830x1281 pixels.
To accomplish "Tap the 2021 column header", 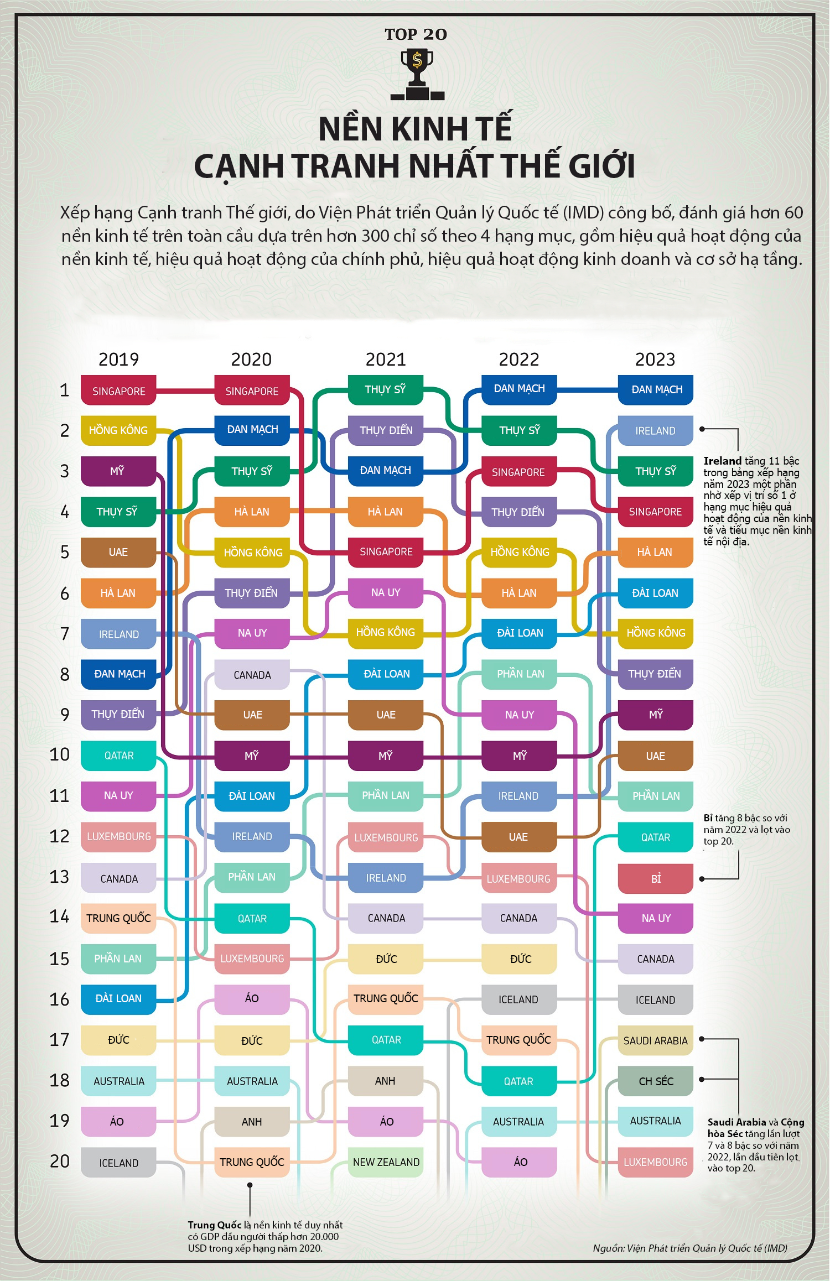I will coord(386,360).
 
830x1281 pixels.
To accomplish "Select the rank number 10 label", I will coord(60,754).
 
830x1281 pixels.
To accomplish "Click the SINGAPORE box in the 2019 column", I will coord(118,390).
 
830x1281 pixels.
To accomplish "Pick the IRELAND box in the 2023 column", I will coord(655,430).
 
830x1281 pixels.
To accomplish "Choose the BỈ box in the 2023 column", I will coord(655,878).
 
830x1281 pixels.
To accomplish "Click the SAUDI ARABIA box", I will coord(655,1040).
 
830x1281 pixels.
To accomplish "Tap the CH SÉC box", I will coord(655,1081).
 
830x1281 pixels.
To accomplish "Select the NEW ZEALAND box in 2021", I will coord(386,1162).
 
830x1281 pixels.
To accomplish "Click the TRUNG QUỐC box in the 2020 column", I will coord(252,1162).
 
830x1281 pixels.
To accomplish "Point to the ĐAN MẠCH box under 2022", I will coord(519,389).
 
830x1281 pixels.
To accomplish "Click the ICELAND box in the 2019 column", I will coord(118,1163).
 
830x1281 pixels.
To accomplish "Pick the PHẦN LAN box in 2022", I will coord(519,674).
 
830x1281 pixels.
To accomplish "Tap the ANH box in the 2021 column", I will coord(386,1081).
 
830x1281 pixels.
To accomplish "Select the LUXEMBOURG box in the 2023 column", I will coord(655,1162).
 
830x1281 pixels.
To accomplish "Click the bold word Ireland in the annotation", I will coord(722,461).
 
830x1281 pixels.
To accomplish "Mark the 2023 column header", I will coord(655,360).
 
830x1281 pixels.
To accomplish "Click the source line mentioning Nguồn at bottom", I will coord(689,1248).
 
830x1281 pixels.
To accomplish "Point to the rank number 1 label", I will coord(64,390).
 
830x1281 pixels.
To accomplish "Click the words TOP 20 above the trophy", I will coord(416,34).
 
